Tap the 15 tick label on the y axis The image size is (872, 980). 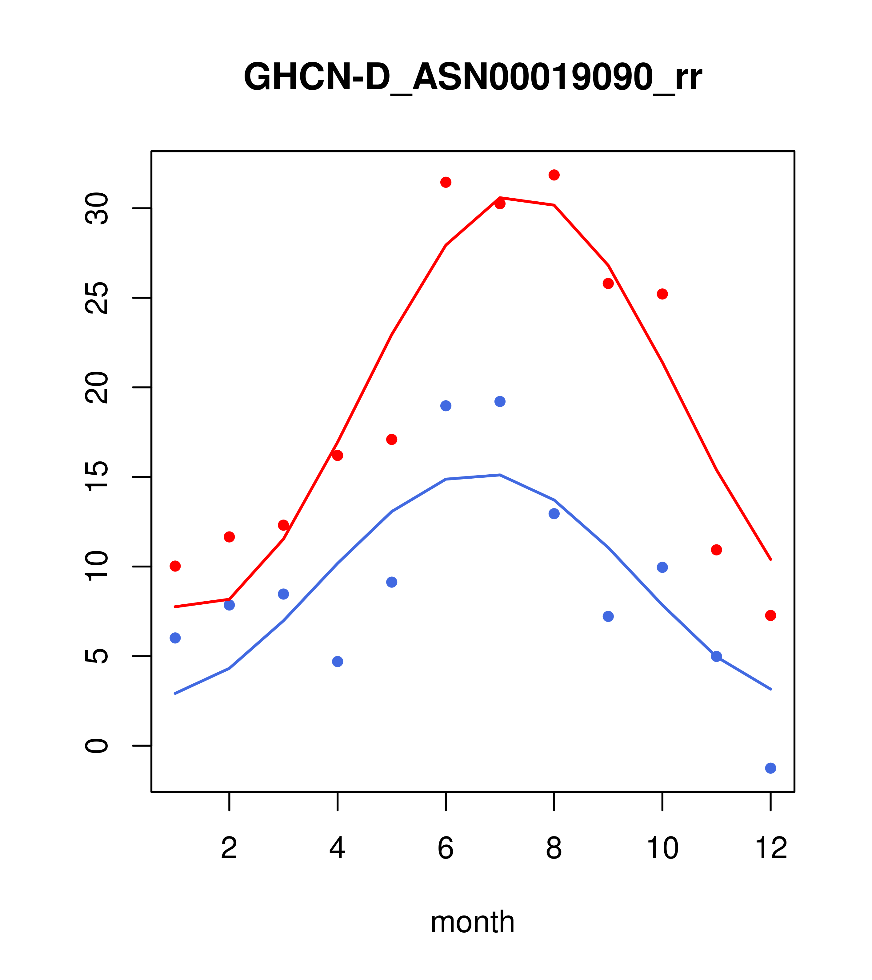click(97, 477)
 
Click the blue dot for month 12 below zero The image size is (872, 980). click(771, 768)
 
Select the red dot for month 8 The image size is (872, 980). click(554, 175)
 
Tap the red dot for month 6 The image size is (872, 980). click(446, 182)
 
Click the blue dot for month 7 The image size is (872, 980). click(500, 401)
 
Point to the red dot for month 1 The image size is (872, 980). click(175, 566)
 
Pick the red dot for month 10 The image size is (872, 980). click(662, 294)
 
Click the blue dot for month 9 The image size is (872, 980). click(608, 616)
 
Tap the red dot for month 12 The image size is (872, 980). click(771, 615)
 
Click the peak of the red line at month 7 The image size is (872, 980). click(500, 198)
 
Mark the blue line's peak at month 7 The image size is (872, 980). click(500, 475)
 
